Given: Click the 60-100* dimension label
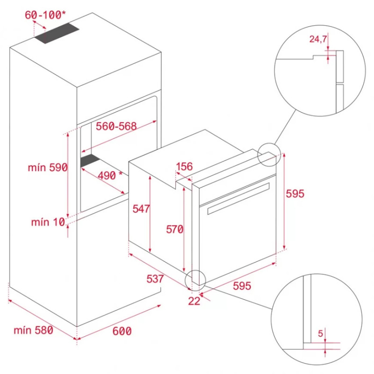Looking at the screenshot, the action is pyautogui.click(x=45, y=15).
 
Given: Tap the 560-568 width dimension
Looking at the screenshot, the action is pyautogui.click(x=116, y=126).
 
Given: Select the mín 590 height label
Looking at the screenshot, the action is pyautogui.click(x=48, y=167).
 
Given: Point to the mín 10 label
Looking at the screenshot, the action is pyautogui.click(x=48, y=222).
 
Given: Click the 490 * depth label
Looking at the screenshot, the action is pyautogui.click(x=110, y=176).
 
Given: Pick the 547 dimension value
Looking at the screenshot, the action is pyautogui.click(x=141, y=209).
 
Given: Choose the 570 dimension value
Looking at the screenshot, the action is pyautogui.click(x=174, y=230).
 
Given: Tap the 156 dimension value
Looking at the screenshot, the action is pyautogui.click(x=184, y=166).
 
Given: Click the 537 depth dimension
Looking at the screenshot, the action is pyautogui.click(x=155, y=279).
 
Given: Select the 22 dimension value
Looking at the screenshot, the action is pyautogui.click(x=194, y=301).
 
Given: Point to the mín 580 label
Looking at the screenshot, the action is pyautogui.click(x=33, y=331).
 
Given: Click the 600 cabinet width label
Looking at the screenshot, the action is pyautogui.click(x=122, y=331).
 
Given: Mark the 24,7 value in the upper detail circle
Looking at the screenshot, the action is pyautogui.click(x=318, y=39).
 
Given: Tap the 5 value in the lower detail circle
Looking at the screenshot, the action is pyautogui.click(x=320, y=333).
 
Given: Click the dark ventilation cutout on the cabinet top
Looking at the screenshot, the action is pyautogui.click(x=56, y=33).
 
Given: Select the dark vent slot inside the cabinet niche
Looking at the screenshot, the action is pyautogui.click(x=90, y=160).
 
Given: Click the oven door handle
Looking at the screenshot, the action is pyautogui.click(x=238, y=198).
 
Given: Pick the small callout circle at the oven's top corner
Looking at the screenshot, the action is pyautogui.click(x=269, y=155).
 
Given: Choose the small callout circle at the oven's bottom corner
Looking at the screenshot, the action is pyautogui.click(x=195, y=280).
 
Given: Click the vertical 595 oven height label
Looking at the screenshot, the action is pyautogui.click(x=295, y=194).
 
